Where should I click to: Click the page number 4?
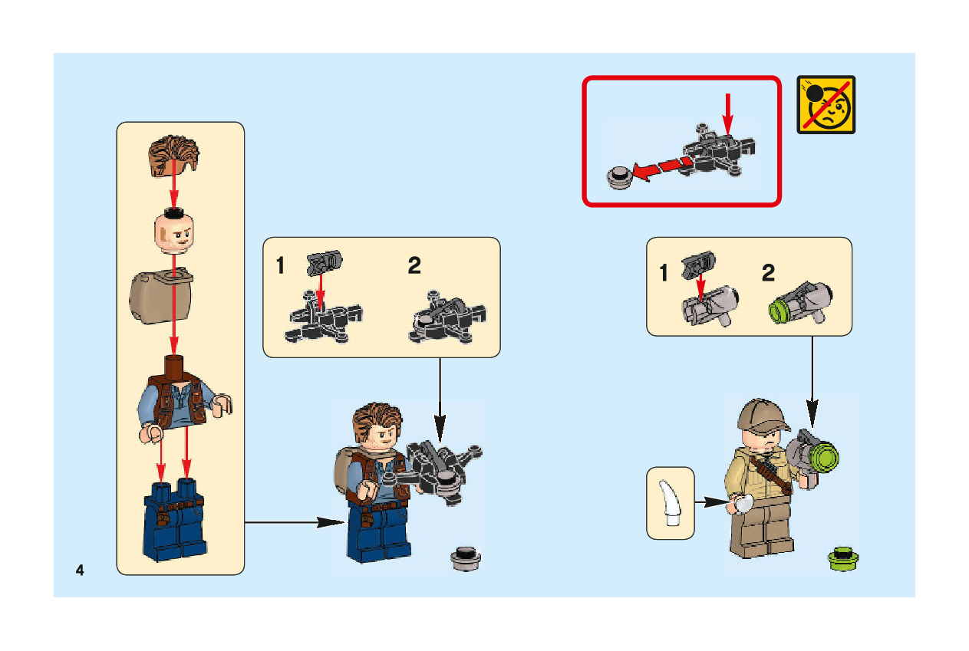point(80,570)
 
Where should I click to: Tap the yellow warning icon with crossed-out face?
point(826,104)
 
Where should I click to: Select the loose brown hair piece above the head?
point(173,156)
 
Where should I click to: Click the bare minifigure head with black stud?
point(174,232)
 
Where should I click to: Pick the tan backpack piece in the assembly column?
point(161,296)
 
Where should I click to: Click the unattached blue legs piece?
point(174,520)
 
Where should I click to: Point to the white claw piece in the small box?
point(670,503)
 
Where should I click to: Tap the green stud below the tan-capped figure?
point(843,559)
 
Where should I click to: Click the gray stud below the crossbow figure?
point(466,558)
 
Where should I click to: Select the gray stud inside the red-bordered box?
point(620,178)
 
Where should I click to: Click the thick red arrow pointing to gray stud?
point(663,169)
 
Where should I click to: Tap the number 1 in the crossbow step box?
point(280,265)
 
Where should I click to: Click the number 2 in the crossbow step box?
point(414,265)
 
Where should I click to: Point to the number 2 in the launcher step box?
point(768,273)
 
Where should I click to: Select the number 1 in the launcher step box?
point(664,273)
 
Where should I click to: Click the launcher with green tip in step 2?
point(800,304)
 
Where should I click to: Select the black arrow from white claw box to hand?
point(712,502)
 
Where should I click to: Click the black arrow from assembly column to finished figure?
point(295,522)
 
